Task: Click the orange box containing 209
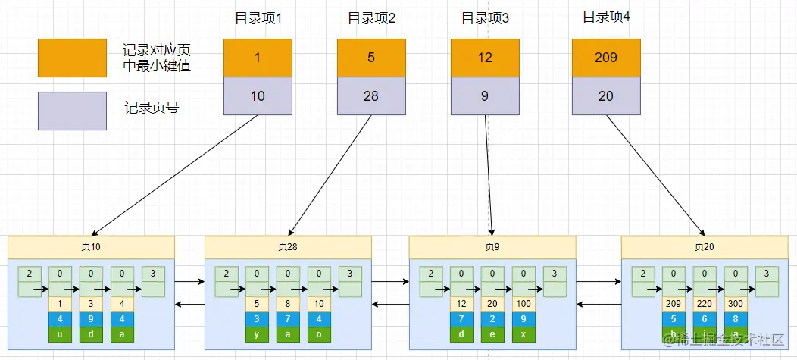(606, 58)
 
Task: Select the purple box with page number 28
(371, 96)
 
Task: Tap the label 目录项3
(485, 18)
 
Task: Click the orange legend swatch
(72, 58)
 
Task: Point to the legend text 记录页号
(152, 108)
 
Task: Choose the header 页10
(91, 247)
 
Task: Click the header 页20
(704, 247)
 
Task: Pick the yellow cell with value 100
(524, 304)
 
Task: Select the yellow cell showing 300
(736, 304)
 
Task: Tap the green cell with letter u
(60, 334)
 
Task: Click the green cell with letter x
(524, 334)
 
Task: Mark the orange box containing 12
(485, 58)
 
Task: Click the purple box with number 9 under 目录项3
(485, 96)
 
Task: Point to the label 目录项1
(258, 18)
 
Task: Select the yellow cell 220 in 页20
(705, 304)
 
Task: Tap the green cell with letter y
(257, 334)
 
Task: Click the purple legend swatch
(72, 111)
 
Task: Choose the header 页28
(288, 247)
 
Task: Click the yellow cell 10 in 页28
(319, 304)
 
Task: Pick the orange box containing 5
(371, 58)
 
